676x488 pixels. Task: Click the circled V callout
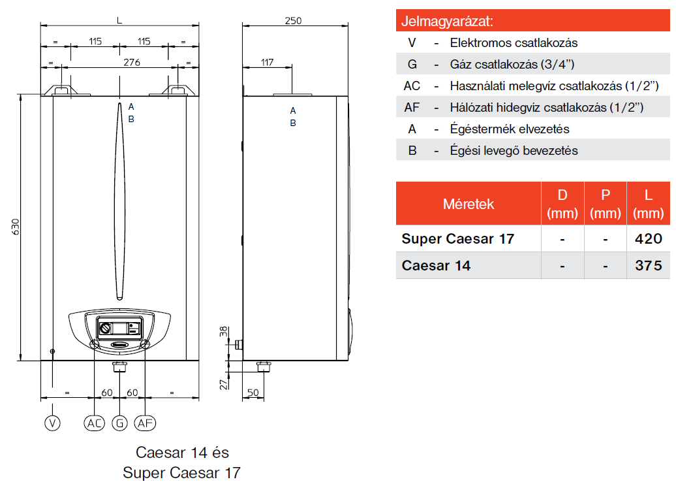[52, 423]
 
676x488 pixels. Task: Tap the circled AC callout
[95, 423]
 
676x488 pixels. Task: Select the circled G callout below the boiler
[119, 423]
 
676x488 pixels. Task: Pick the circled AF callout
[145, 423]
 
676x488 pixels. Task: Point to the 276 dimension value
[132, 62]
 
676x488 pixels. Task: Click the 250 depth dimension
[293, 21]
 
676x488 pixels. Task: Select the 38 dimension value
[223, 331]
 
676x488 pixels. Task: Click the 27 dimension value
[223, 383]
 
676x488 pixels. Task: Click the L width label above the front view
[119, 20]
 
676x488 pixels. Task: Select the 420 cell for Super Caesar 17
[648, 238]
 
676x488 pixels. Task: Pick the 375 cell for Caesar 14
[648, 265]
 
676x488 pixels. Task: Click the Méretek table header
[469, 204]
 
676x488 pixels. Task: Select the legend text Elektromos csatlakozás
[514, 43]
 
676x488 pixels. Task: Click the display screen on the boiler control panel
[119, 327]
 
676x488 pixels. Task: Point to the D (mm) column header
[562, 204]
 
